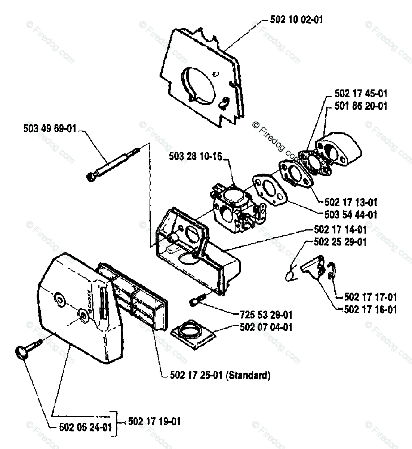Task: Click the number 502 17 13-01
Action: pos(351,202)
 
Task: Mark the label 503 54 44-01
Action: pos(351,215)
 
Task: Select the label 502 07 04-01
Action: pos(266,327)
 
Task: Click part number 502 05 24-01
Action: pos(86,427)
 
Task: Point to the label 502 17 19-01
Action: pos(154,421)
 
